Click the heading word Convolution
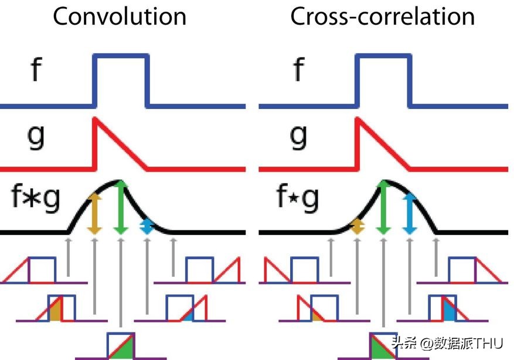click(x=120, y=16)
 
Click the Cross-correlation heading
click(x=382, y=16)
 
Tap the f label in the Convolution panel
click(x=36, y=70)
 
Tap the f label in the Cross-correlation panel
click(x=298, y=70)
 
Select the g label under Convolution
click(x=36, y=137)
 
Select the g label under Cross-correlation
click(x=298, y=137)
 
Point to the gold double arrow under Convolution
click(x=94, y=214)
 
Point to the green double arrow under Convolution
click(x=121, y=208)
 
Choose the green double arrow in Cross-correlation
click(x=383, y=208)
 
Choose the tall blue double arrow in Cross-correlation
click(x=410, y=214)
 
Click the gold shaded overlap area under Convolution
click(x=56, y=311)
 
